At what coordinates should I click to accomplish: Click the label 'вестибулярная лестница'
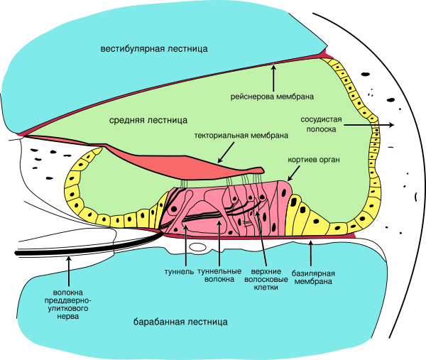tap(153, 49)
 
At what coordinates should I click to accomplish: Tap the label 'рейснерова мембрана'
tap(273, 96)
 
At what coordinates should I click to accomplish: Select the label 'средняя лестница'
tap(148, 120)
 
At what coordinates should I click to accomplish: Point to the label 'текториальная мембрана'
tap(240, 135)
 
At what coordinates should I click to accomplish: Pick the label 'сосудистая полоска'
tap(326, 124)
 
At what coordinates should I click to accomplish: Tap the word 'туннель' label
tap(180, 271)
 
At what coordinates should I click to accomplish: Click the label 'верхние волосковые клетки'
tap(270, 280)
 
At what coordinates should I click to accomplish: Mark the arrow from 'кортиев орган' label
tap(293, 173)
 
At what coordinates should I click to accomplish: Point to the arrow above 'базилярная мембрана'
tap(310, 251)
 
